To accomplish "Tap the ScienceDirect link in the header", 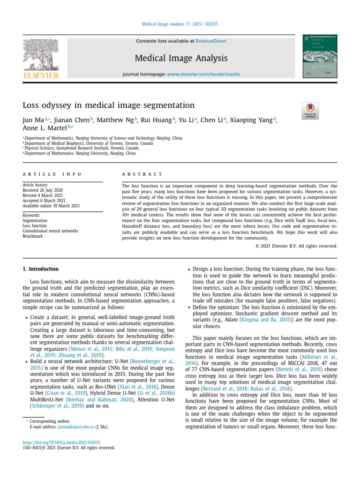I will click(211, 41).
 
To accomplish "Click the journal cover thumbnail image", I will click(321, 58).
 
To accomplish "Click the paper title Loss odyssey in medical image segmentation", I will click(108, 105).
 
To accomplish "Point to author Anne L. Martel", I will click(45, 127).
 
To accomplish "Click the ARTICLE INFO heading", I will click(52, 174).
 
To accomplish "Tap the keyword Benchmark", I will click(32, 236).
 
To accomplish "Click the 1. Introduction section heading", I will click(41, 269).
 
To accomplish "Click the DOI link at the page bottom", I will click(61, 442).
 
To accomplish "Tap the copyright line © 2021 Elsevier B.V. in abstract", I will click(296, 246).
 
